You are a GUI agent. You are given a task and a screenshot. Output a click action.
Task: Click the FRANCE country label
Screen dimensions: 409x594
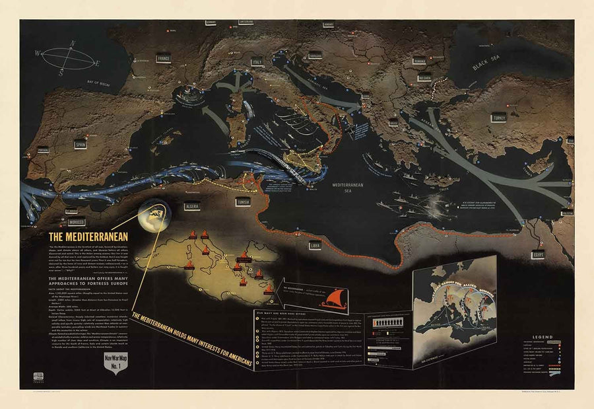[163, 59]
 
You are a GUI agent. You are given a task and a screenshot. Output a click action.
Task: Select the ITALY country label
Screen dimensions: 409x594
[257, 62]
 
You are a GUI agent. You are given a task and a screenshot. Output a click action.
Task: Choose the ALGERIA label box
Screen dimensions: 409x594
[193, 205]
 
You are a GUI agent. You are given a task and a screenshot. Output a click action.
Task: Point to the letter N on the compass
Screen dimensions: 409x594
[73, 44]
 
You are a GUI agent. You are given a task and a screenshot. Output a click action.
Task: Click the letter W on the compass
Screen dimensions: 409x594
[38, 52]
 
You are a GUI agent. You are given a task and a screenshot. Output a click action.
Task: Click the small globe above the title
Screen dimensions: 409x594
[154, 214]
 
